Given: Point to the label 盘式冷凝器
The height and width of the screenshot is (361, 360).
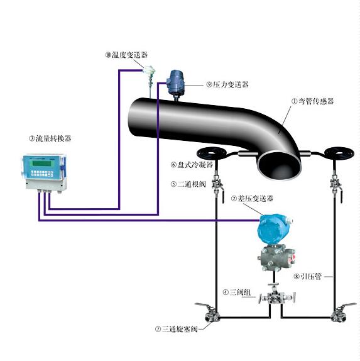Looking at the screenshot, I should point(192,165).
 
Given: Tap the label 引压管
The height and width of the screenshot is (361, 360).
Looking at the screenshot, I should point(307,276).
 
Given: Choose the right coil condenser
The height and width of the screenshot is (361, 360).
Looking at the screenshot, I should point(334,153).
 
